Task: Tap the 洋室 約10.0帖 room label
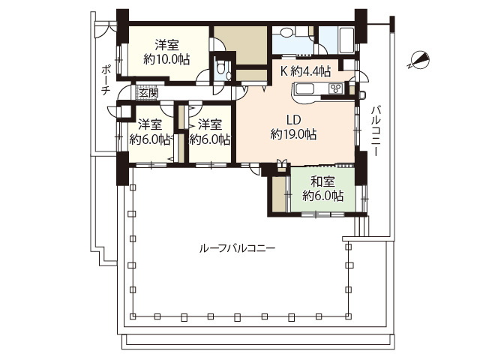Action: (166, 52)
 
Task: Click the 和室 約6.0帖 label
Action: (323, 188)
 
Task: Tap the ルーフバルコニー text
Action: (238, 248)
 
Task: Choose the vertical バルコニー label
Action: (375, 131)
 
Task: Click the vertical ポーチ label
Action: (106, 79)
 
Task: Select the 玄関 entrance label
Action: (148, 93)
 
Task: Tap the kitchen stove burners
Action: (335, 89)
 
